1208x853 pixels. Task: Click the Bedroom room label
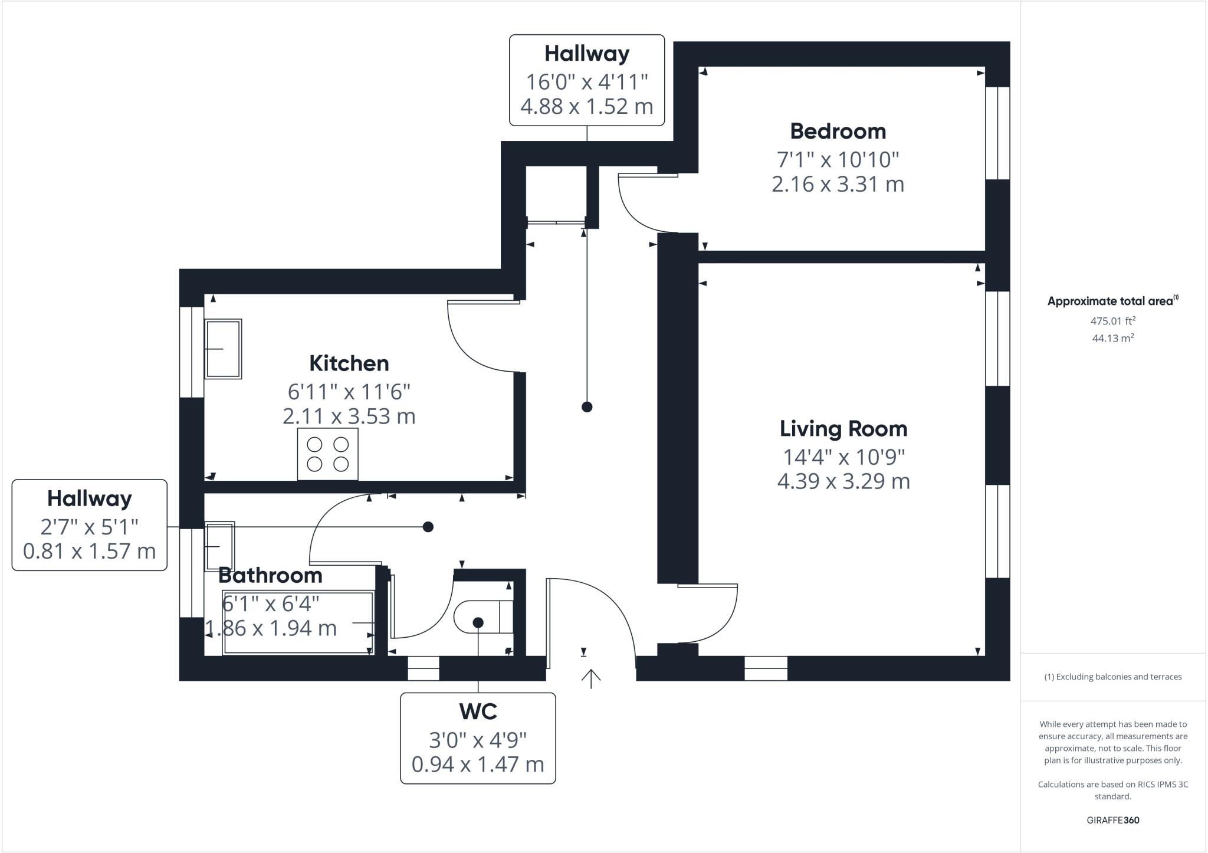838,131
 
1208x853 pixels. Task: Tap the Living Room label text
843,429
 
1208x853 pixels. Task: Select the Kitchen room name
349,363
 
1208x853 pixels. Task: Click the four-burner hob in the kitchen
327,454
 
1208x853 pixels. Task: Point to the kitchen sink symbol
223,349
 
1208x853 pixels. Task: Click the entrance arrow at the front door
590,678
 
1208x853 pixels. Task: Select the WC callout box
478,738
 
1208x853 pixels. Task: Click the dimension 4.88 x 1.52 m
586,107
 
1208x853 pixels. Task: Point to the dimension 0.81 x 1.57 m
89,551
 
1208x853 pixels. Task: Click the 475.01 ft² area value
1112,321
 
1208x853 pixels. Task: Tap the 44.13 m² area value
1112,338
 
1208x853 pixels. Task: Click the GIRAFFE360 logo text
1112,820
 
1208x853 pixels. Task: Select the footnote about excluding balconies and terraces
1112,677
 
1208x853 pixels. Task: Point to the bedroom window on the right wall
997,133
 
